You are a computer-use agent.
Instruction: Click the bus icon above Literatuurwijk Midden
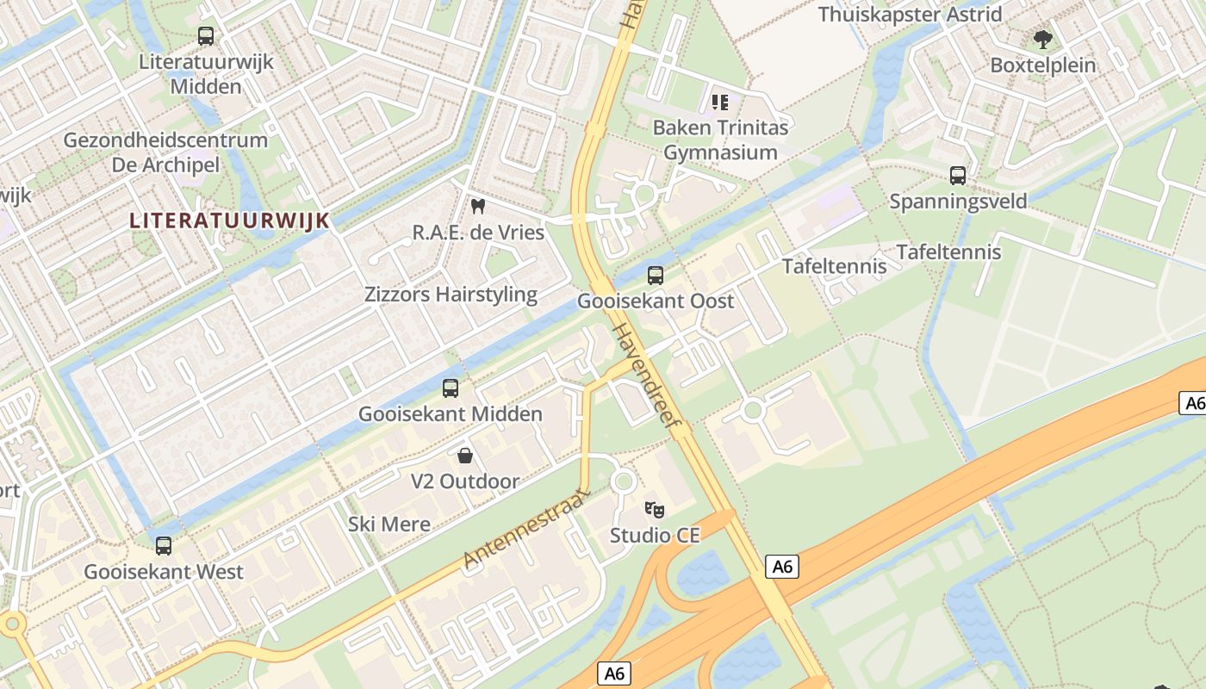coord(206,36)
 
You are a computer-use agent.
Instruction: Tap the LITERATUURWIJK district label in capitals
coord(230,220)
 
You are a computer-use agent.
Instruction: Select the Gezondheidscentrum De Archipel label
coord(166,152)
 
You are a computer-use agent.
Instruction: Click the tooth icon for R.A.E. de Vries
coord(479,207)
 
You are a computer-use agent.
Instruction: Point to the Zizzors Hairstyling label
coord(451,295)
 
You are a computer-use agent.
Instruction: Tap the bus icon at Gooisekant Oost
coord(656,276)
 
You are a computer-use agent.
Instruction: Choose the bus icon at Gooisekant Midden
coord(451,388)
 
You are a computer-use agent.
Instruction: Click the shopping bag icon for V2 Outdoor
coord(465,456)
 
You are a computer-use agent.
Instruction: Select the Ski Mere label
coord(389,524)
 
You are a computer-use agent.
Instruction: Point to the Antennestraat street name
coord(525,528)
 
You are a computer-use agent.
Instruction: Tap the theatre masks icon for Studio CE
coord(655,510)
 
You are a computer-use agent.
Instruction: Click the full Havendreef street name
coord(646,378)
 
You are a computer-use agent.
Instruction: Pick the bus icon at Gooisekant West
coord(164,545)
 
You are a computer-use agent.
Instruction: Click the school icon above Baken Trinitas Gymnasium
coord(720,103)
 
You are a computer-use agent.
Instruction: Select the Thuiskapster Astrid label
coord(910,15)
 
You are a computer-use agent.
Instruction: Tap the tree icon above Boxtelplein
coord(1043,40)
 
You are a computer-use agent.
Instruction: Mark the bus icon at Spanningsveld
coord(958,176)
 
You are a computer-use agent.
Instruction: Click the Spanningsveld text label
coord(958,202)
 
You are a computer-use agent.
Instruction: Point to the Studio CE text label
coord(655,536)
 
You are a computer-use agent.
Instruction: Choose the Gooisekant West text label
coord(164,571)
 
